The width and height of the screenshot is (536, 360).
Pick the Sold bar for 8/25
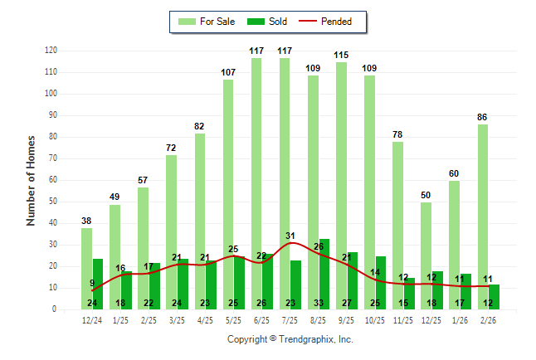point(324,274)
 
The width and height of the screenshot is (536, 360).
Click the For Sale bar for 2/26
point(483,216)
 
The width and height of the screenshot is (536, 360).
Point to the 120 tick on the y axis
point(51,51)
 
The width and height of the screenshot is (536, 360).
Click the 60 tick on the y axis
point(53,180)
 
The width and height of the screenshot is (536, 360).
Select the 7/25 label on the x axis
point(290,320)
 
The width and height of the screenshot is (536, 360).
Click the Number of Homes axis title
point(31,180)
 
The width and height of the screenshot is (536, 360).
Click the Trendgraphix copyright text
point(290,339)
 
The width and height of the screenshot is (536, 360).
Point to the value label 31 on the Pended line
point(290,236)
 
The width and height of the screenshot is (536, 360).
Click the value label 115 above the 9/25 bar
point(341,55)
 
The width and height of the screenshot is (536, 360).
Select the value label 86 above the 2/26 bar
point(483,118)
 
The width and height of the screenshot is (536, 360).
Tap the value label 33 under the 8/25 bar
point(319,303)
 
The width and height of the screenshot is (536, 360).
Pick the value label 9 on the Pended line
point(92,283)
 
